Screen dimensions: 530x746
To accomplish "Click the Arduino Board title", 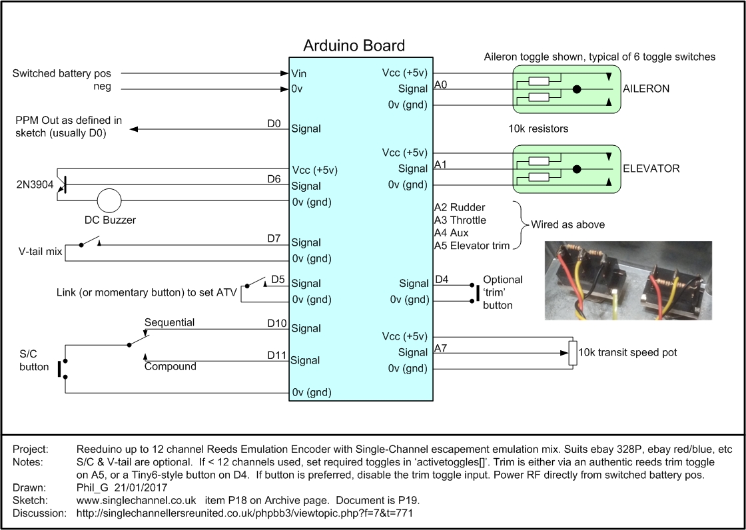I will (x=354, y=46).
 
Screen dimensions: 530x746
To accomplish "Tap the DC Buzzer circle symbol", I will (x=109, y=200).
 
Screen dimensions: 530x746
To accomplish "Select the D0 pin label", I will (x=274, y=123).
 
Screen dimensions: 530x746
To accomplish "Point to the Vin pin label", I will (x=299, y=73).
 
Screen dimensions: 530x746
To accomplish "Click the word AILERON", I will (x=646, y=89).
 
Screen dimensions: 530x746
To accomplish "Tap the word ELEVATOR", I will (x=651, y=168).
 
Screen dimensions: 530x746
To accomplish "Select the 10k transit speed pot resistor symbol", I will (x=571, y=353).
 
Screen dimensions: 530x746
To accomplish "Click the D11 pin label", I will (x=276, y=355).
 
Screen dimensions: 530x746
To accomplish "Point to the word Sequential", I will (x=169, y=322).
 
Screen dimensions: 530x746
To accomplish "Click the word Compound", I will (x=170, y=366).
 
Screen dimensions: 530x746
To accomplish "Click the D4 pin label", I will (x=442, y=279).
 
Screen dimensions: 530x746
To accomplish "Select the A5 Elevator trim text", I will (x=472, y=246).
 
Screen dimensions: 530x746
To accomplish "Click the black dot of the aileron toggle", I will (x=577, y=89).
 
